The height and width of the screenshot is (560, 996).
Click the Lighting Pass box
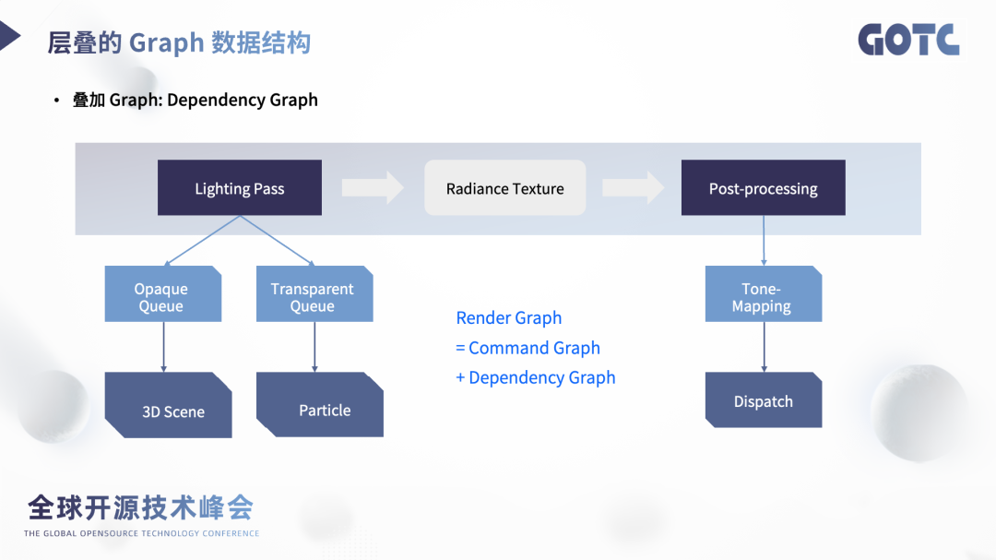click(240, 188)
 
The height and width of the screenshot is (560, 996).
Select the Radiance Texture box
click(504, 188)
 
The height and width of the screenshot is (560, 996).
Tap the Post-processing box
click(763, 188)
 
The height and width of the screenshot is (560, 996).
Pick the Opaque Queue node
click(162, 294)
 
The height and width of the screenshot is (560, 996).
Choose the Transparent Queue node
click(314, 294)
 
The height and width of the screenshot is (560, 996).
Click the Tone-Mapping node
click(763, 294)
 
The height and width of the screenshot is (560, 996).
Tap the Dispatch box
click(763, 400)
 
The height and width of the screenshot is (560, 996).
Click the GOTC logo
click(908, 40)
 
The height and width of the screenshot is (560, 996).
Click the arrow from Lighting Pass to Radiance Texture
click(373, 188)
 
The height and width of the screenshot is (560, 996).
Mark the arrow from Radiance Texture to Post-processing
click(633, 188)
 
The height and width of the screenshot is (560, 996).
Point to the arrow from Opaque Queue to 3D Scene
click(163, 347)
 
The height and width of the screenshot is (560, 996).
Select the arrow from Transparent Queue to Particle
click(314, 347)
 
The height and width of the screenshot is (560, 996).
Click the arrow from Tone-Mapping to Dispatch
click(764, 347)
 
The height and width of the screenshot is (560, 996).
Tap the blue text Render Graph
click(508, 318)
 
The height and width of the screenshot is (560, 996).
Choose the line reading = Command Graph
click(528, 348)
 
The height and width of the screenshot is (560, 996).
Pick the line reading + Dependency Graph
click(535, 377)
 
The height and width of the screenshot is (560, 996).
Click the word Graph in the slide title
click(166, 43)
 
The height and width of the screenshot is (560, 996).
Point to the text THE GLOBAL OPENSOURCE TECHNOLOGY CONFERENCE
click(141, 533)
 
